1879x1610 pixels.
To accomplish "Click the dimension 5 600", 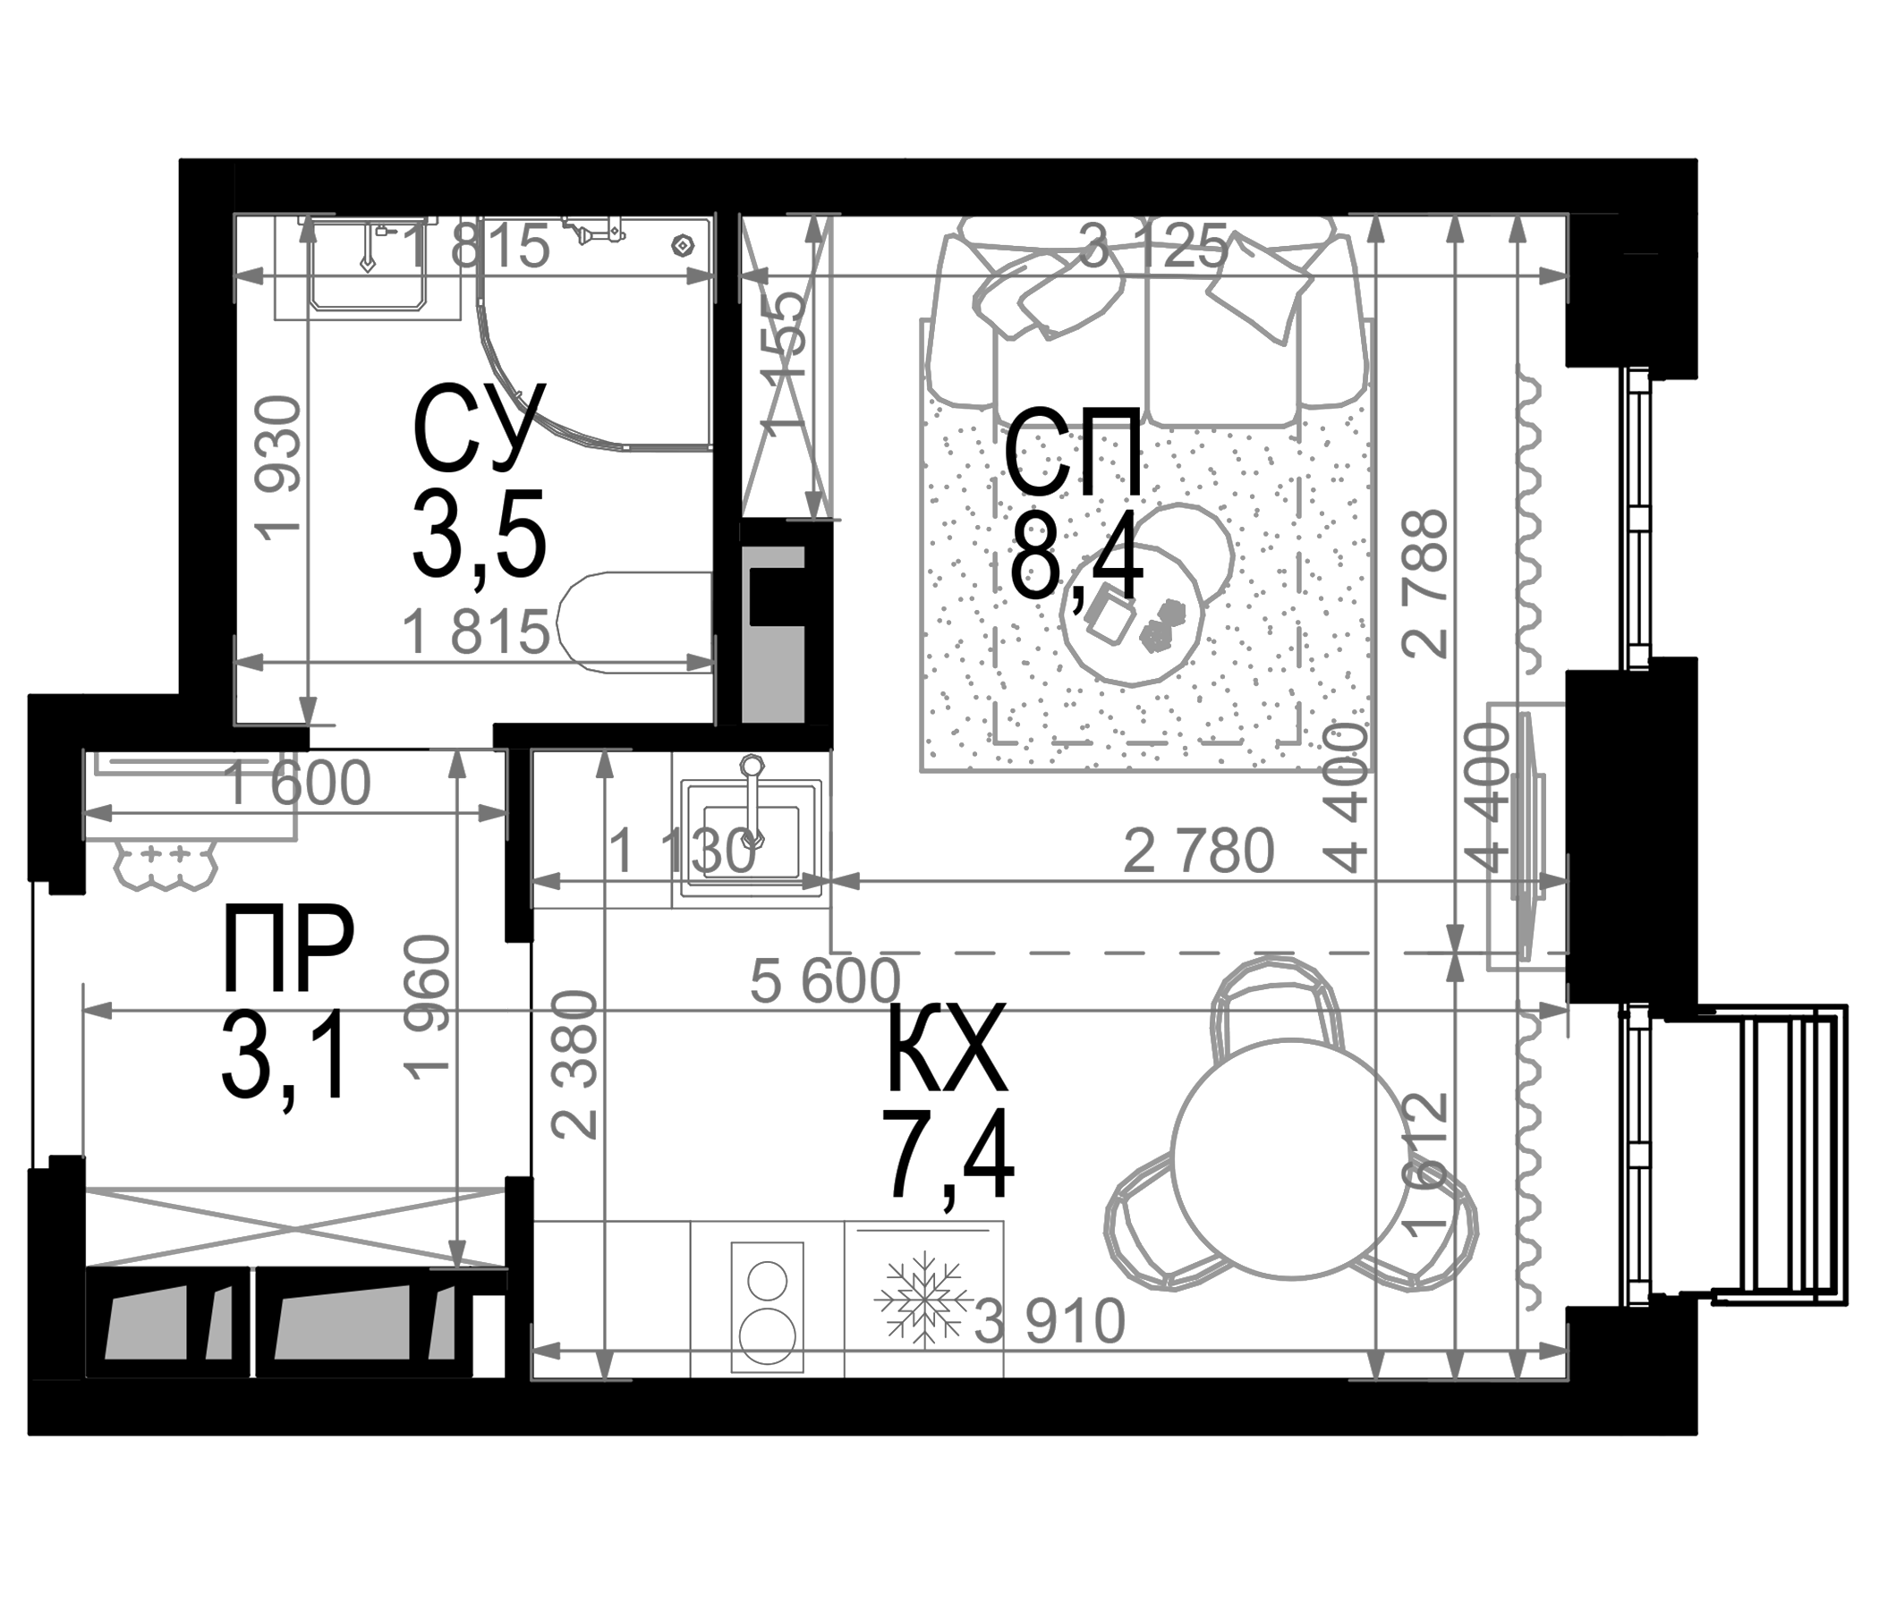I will [x=825, y=981].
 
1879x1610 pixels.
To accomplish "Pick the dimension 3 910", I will [x=1050, y=1323].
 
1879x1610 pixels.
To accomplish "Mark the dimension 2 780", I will [x=1198, y=852].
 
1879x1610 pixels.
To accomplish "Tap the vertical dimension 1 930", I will [x=278, y=469].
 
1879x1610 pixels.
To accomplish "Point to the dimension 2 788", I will [x=1424, y=583].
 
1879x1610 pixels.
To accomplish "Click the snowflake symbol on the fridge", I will [x=919, y=1298].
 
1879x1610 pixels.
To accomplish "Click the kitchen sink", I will [x=752, y=831].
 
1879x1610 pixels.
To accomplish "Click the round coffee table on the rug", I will [x=1132, y=616].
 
